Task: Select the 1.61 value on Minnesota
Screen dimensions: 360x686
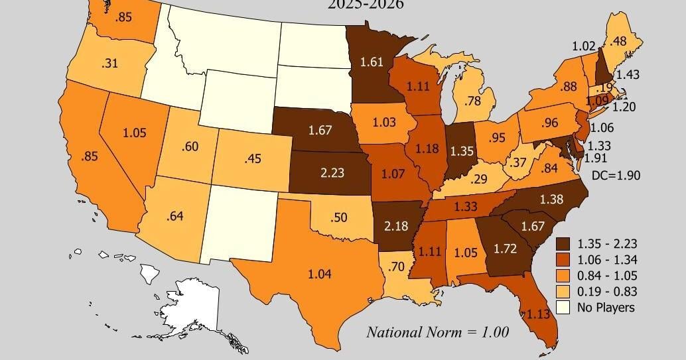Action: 371,62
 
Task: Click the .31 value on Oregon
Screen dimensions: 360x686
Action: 110,64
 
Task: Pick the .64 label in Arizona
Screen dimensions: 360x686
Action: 175,216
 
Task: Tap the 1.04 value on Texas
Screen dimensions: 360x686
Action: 319,273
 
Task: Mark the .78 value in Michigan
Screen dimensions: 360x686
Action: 473,101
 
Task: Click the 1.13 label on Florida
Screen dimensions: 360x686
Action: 539,315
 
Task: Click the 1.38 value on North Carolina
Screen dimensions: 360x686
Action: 553,199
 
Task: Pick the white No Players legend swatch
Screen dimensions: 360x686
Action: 563,307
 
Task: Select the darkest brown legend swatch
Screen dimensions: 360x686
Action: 563,243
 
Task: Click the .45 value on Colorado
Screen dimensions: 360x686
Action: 252,159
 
